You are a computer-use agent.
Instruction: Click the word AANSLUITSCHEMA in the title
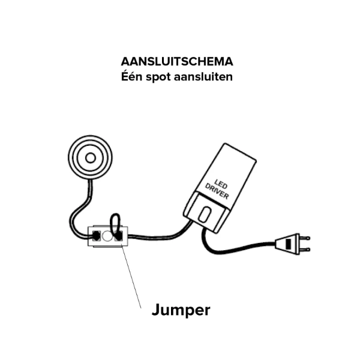tap(177, 62)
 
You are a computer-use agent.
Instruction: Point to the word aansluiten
tap(203, 76)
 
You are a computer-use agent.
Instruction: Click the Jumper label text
tap(181, 310)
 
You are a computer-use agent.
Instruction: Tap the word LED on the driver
tap(221, 184)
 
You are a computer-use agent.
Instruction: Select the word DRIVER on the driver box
tap(217, 191)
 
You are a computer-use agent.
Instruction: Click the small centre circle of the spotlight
tap(90, 158)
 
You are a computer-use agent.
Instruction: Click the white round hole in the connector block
tap(107, 236)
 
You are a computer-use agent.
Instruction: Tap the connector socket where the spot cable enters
tap(96, 236)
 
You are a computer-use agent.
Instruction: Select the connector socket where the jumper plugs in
tap(118, 236)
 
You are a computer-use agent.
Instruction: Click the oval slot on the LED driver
tap(204, 214)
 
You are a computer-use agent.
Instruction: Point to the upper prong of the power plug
tap(305, 238)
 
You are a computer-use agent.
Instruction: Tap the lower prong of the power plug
tap(305, 250)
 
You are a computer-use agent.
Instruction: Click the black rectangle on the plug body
tap(289, 244)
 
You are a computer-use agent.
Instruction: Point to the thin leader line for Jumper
tap(131, 277)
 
